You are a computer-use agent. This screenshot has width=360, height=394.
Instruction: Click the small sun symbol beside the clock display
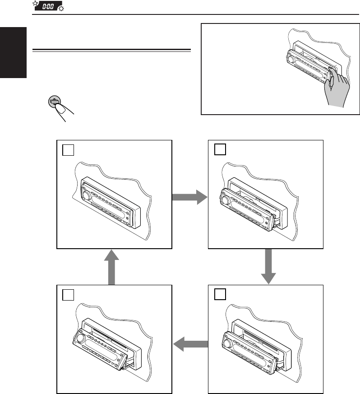point(60,9)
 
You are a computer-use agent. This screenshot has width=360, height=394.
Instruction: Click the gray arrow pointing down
point(268,267)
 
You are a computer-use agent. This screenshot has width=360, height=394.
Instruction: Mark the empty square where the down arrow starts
point(220,149)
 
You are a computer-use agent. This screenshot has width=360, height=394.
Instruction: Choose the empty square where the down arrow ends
point(220,295)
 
